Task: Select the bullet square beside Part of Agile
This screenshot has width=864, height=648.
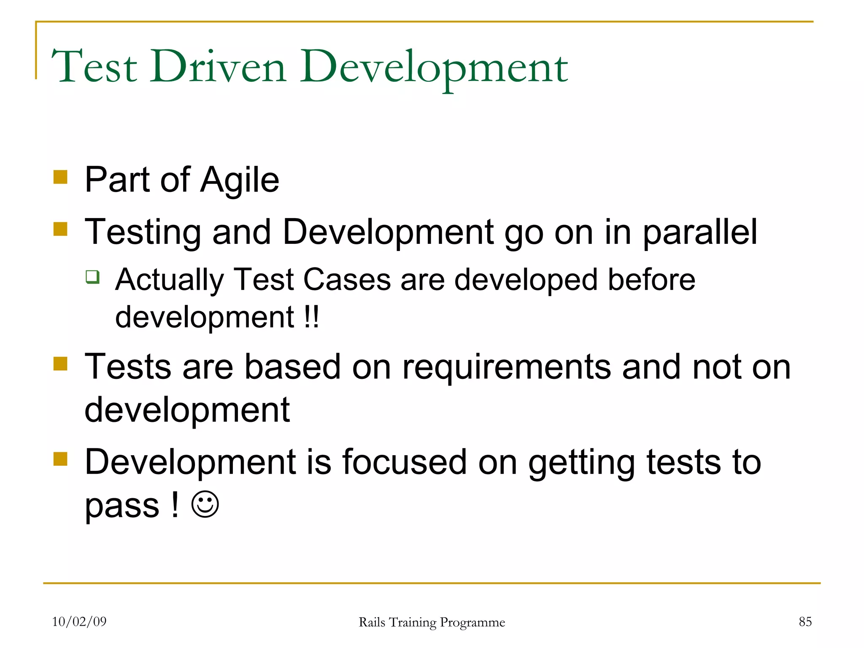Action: pyautogui.click(x=61, y=177)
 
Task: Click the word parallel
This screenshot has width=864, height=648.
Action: pyautogui.click(x=700, y=233)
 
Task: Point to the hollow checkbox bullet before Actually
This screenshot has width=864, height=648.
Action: pyautogui.click(x=93, y=277)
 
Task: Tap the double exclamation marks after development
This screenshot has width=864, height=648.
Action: pyautogui.click(x=311, y=317)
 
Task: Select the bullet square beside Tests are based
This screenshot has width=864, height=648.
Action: pyautogui.click(x=61, y=364)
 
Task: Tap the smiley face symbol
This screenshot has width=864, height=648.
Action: pyautogui.click(x=205, y=505)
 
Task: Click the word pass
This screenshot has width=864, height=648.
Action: pyautogui.click(x=122, y=506)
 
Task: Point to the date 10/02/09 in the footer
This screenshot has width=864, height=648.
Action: pyautogui.click(x=79, y=621)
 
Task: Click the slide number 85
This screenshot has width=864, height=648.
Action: pyautogui.click(x=805, y=621)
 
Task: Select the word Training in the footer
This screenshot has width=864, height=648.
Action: pyautogui.click(x=413, y=623)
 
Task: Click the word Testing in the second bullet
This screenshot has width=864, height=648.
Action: pyautogui.click(x=143, y=233)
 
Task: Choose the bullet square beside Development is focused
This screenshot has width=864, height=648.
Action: pyautogui.click(x=61, y=459)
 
